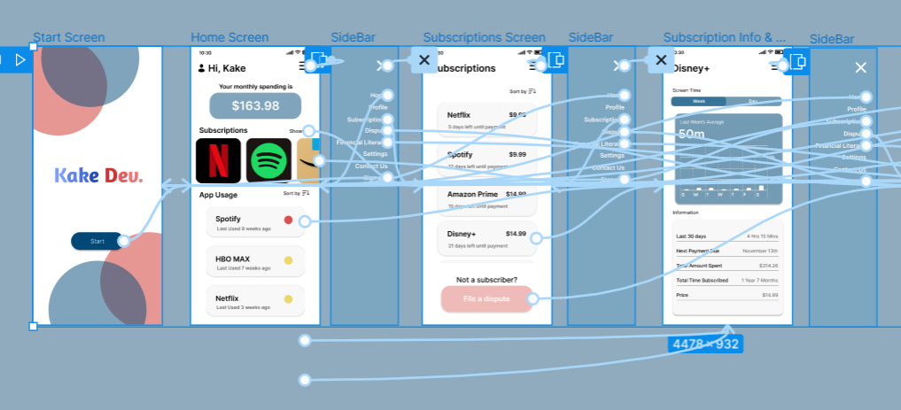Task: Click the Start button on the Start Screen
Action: [x=97, y=241]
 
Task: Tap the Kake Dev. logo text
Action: [x=98, y=175]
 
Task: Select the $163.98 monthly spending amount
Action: [x=255, y=106]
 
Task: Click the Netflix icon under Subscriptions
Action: [x=218, y=161]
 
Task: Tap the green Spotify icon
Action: [x=268, y=161]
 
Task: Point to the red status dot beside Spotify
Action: [x=288, y=220]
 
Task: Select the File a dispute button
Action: [x=486, y=299]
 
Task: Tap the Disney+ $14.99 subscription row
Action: [x=485, y=239]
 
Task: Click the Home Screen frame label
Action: [x=229, y=37]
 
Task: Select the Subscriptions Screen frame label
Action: [x=484, y=37]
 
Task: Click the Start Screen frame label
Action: [x=69, y=37]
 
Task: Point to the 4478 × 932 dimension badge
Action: [x=705, y=344]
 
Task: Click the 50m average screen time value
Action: [x=691, y=134]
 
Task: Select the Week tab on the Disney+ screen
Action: [x=699, y=102]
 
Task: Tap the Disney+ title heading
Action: [x=693, y=68]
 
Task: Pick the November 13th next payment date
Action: [x=759, y=251]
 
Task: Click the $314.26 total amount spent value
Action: [x=767, y=266]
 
